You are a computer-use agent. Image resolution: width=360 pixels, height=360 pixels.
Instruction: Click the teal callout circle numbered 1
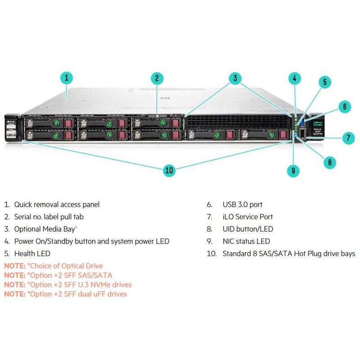66,78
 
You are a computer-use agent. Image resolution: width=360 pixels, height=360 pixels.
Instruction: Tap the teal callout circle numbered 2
157,78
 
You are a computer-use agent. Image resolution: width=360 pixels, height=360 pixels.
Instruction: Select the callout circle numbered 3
235,78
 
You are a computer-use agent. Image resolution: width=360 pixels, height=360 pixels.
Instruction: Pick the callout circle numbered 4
294,78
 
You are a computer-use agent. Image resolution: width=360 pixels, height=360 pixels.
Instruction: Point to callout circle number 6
344,107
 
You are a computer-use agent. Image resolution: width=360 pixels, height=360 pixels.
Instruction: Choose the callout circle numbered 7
348,138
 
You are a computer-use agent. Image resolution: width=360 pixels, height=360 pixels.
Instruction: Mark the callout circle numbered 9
293,170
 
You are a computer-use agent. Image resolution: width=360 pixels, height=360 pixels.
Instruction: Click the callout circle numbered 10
169,170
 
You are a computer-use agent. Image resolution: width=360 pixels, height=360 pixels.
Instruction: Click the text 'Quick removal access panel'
57,205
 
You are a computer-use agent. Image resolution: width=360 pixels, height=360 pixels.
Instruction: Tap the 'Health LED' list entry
32,254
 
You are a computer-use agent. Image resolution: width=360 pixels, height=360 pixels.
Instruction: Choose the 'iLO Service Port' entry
247,217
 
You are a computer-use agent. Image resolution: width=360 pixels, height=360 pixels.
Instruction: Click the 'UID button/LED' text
247,229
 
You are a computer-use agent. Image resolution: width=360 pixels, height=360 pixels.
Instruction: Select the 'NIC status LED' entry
246,242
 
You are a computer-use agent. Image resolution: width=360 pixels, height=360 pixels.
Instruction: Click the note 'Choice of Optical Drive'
65,266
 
